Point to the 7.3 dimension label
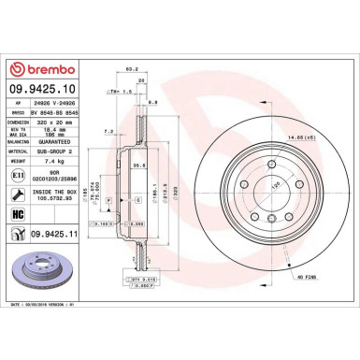click(109, 132)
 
